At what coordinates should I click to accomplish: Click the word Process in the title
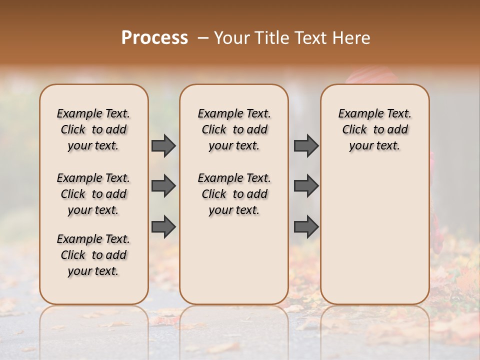[154, 37]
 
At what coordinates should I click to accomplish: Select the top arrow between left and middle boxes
[163, 145]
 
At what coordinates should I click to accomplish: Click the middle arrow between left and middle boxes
[163, 186]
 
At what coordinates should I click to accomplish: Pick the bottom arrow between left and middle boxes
[163, 226]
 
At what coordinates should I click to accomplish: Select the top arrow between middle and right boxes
[306, 145]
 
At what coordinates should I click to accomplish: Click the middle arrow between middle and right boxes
[306, 186]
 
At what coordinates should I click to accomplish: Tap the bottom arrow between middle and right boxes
[306, 226]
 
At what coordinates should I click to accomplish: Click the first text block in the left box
[93, 129]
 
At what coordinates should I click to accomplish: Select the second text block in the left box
[93, 194]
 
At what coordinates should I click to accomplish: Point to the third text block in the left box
[93, 255]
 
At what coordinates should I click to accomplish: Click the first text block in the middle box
[234, 129]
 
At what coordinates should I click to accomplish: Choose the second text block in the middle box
[234, 194]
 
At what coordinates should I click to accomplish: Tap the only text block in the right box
[374, 129]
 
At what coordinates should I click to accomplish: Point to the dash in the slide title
[203, 38]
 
